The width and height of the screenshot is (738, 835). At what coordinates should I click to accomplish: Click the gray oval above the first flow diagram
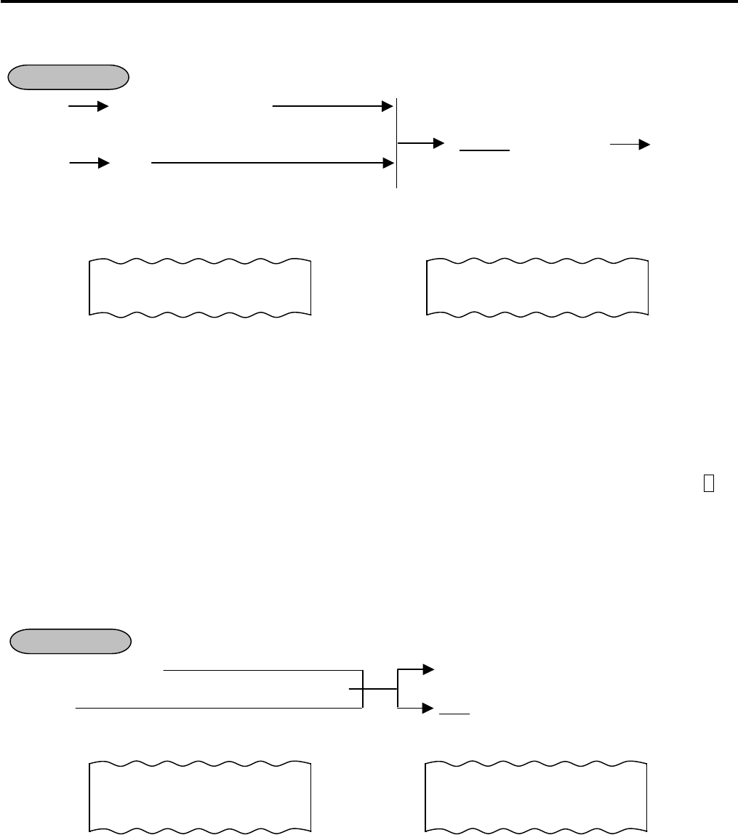click(x=68, y=76)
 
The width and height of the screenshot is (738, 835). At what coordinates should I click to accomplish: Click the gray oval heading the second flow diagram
click(x=71, y=642)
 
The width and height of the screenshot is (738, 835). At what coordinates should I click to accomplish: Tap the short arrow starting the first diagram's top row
click(x=88, y=107)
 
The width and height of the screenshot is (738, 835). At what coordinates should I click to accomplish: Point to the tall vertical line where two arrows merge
click(x=397, y=142)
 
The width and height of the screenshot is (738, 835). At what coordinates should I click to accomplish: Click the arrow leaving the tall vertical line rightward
click(x=421, y=143)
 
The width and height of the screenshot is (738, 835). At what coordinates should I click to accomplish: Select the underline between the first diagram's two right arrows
click(x=485, y=150)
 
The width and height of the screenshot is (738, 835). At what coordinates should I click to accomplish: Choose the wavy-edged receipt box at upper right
click(x=537, y=286)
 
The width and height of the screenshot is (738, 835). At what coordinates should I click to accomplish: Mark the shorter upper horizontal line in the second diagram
click(x=262, y=669)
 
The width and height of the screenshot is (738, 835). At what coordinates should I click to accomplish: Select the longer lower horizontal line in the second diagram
click(x=218, y=706)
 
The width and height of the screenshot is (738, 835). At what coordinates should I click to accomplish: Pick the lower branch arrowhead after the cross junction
click(x=428, y=706)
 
